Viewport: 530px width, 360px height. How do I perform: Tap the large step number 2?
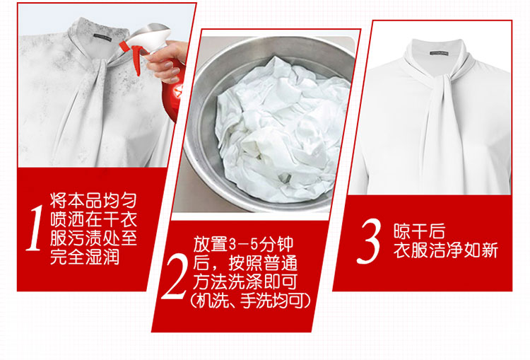pyautogui.click(x=175, y=276)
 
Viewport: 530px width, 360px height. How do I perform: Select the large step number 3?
pyautogui.click(x=369, y=241)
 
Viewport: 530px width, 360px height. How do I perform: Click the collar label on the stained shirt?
pyautogui.click(x=102, y=37)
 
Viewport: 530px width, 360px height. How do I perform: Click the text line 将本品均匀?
pyautogui.click(x=93, y=200)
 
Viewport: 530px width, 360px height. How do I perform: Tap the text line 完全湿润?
pyautogui.click(x=85, y=257)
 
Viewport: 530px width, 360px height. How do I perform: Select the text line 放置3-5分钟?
pyautogui.click(x=243, y=244)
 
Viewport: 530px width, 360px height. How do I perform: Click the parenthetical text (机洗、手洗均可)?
pyautogui.click(x=249, y=301)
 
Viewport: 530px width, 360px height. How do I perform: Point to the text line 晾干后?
pyautogui.click(x=419, y=231)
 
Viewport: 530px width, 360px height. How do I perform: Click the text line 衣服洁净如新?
pyautogui.click(x=445, y=250)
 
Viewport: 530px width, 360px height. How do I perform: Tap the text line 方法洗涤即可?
pyautogui.click(x=245, y=281)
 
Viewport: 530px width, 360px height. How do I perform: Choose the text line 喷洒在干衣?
pyautogui.click(x=93, y=219)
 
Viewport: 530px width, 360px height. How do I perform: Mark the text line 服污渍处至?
pyautogui.click(x=93, y=238)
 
